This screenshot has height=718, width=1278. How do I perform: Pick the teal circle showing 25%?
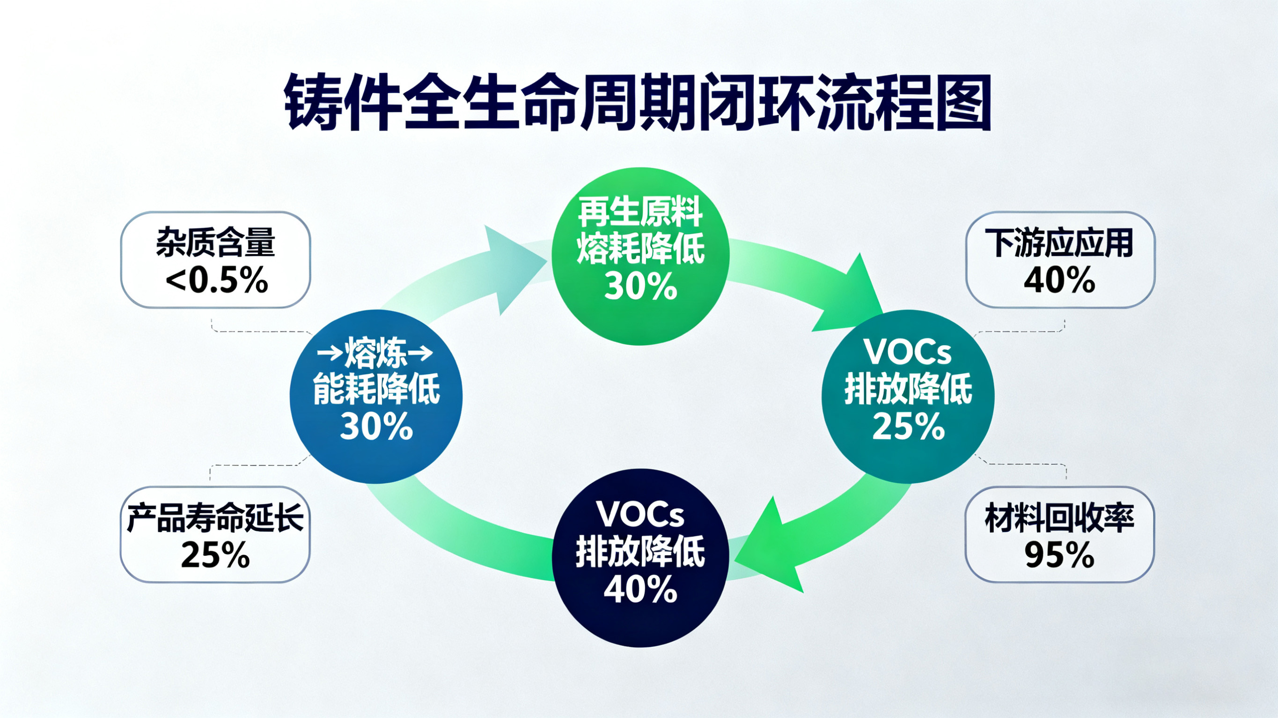coord(908,397)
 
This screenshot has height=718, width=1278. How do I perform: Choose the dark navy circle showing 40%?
coord(640,558)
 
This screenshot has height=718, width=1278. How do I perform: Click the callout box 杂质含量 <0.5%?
coord(216,259)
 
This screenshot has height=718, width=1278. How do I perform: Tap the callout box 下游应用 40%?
coord(1060,259)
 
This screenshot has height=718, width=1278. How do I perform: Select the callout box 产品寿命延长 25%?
coord(215,534)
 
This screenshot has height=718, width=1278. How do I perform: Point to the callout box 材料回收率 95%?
coord(1060,534)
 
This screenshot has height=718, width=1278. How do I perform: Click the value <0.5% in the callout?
coord(217,280)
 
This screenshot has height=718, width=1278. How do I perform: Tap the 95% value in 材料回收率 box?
coord(1060,555)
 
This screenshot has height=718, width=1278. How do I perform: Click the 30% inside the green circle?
coord(640,286)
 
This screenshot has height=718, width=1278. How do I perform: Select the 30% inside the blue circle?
coord(376,427)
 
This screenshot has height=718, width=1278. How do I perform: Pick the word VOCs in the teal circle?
coord(908,352)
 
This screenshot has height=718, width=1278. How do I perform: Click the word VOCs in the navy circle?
coord(640,514)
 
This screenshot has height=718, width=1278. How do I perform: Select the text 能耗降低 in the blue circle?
coord(376,390)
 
